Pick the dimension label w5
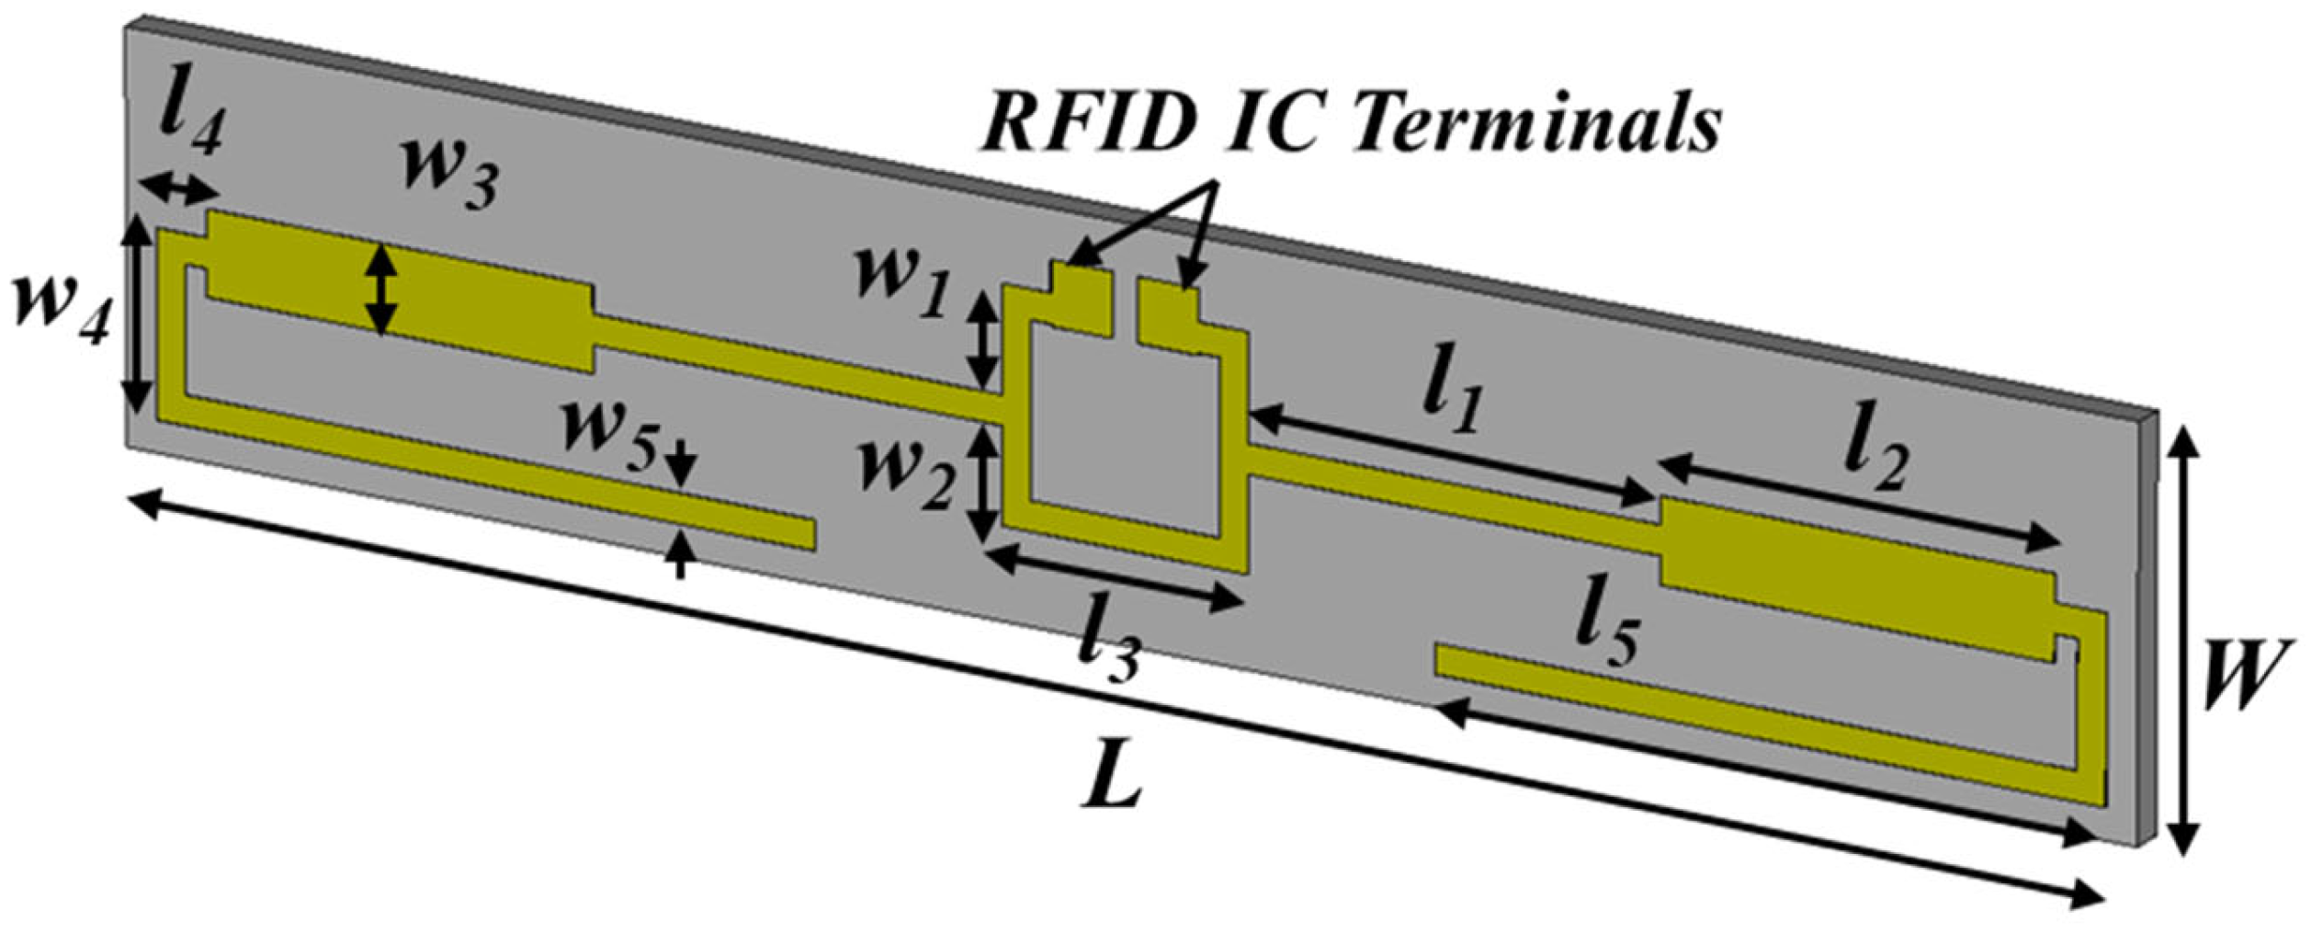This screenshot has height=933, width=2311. (611, 430)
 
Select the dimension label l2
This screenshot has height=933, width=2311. (1875, 460)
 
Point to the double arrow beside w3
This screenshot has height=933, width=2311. (380, 289)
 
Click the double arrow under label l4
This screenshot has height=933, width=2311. (180, 190)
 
